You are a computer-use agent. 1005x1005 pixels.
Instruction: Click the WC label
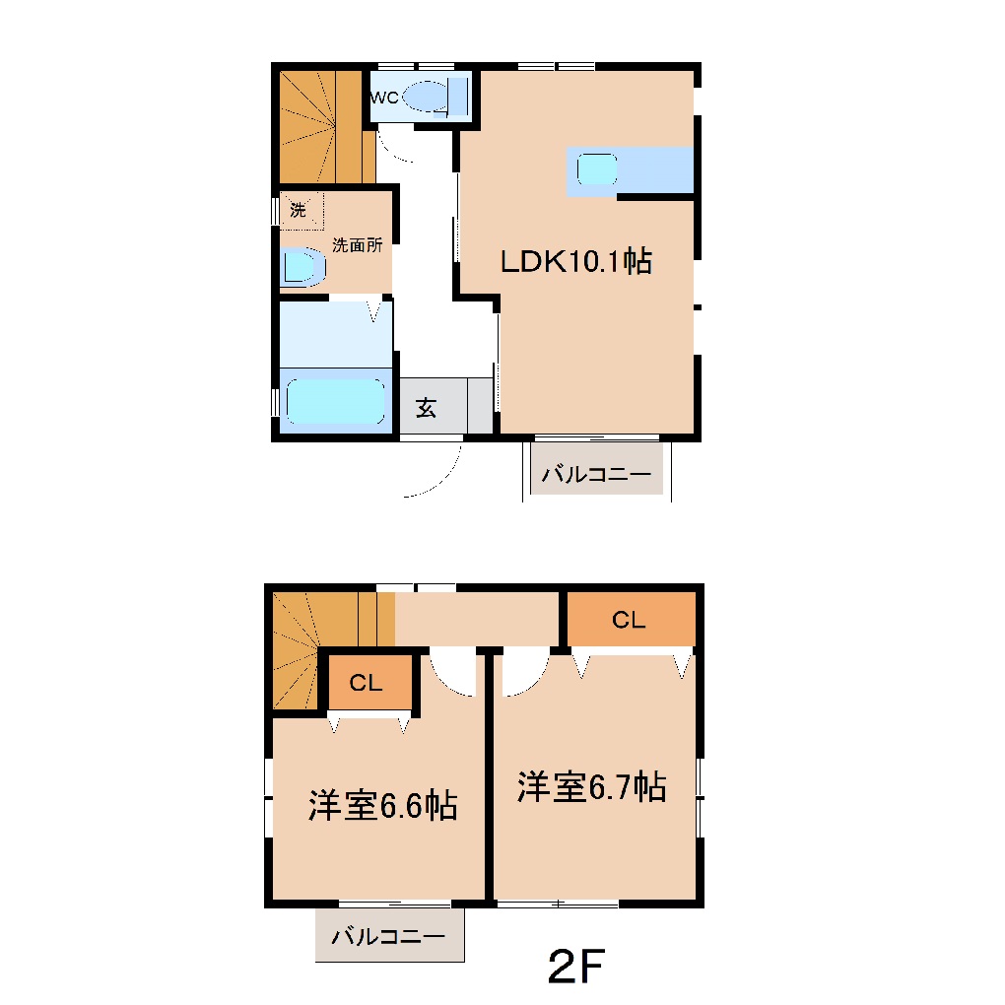coord(384,98)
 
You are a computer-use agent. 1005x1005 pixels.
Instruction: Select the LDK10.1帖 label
coord(576,262)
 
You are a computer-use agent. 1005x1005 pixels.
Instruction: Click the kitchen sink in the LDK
coord(597,169)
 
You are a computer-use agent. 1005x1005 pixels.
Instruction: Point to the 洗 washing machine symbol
coord(299,210)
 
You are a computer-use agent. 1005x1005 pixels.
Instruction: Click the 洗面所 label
coord(356,246)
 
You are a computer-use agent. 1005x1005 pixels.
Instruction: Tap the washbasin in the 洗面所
coord(301,266)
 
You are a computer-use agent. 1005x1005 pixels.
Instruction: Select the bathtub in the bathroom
coord(334,402)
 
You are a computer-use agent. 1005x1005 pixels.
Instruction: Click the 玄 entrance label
coord(426,408)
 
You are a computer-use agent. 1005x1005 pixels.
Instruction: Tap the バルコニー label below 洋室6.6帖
coord(388,936)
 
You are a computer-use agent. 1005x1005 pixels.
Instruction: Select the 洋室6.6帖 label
coord(381,806)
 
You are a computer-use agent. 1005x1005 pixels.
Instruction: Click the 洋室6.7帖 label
coord(591,787)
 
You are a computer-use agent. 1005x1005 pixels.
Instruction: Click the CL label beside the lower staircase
coord(366,683)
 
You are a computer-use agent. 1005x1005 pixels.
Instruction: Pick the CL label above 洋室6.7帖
coord(628,620)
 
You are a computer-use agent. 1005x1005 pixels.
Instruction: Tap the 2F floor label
coord(575,969)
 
